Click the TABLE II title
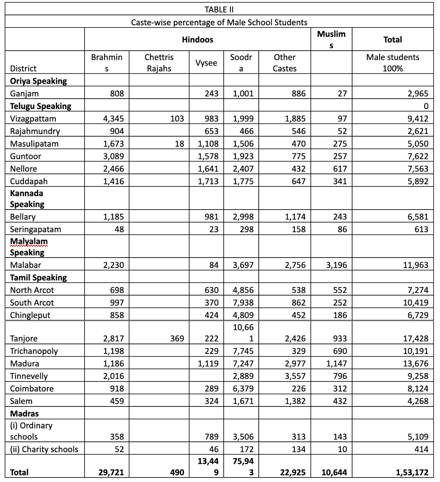[219, 9]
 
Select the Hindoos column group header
[197, 39]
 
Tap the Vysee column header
[206, 63]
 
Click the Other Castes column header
[284, 63]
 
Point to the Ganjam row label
[24, 94]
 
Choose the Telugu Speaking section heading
[41, 106]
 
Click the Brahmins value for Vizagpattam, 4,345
[114, 119]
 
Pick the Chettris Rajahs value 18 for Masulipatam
[179, 144]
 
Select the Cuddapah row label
[29, 181]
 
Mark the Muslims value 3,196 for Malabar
[337, 265]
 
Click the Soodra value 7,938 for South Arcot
[243, 303]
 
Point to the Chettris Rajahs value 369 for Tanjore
[177, 338]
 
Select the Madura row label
[25, 364]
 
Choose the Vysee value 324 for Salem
[211, 401]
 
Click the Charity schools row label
[44, 449]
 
